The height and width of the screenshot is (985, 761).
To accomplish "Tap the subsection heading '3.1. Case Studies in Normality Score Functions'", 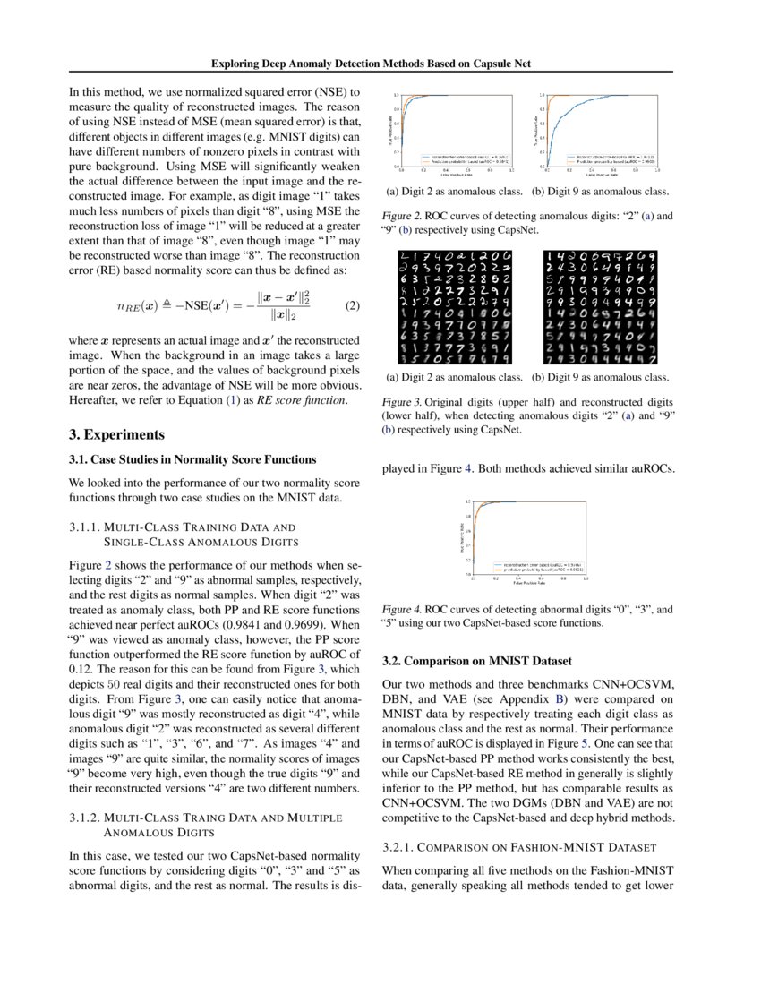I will pyautogui.click(x=192, y=459).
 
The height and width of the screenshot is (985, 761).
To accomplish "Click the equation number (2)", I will pyautogui.click(x=352, y=305).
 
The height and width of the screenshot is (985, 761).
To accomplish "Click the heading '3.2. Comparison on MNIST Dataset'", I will pyautogui.click(x=476, y=662).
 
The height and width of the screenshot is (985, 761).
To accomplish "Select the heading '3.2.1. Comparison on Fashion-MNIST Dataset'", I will pyautogui.click(x=519, y=846).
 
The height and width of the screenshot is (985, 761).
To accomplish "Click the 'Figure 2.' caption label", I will pyautogui.click(x=402, y=216).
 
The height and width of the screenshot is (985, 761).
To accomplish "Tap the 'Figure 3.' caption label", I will pyautogui.click(x=402, y=402).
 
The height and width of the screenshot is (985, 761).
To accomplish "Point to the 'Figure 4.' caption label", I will pyautogui.click(x=402, y=608).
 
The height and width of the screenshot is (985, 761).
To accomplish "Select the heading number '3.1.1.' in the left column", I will pyautogui.click(x=86, y=527).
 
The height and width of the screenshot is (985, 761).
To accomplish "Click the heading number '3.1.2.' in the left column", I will pyautogui.click(x=86, y=818).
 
